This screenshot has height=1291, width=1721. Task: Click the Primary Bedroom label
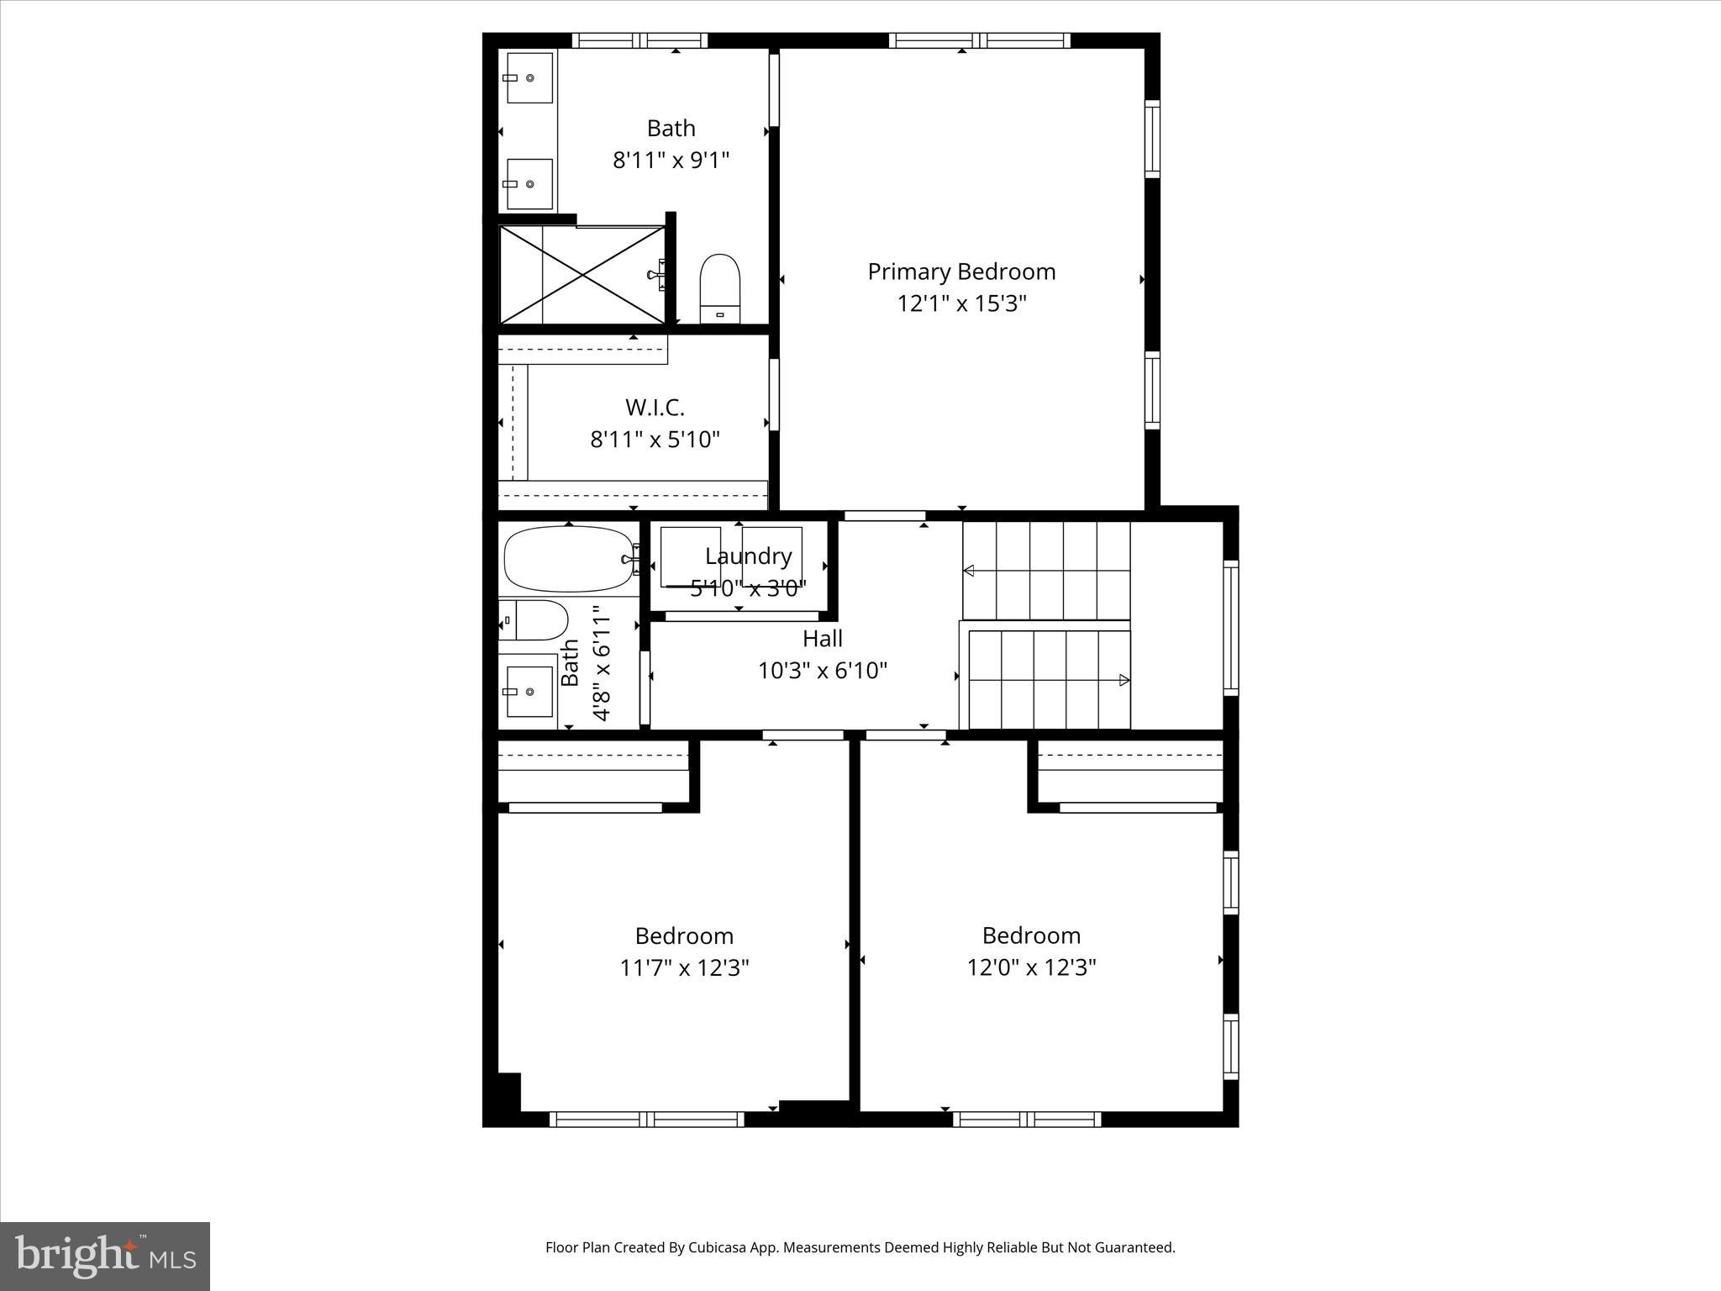coord(961,271)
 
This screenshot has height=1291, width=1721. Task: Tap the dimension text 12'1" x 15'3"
coord(961,303)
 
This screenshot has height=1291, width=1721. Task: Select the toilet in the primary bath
coord(720,288)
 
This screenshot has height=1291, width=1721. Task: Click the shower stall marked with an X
coord(582,274)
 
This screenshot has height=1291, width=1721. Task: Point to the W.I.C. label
coord(655,408)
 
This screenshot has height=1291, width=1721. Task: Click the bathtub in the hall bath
coord(569,559)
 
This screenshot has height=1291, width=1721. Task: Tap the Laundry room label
coord(748,556)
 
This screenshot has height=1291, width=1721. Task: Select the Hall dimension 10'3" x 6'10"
coord(823,671)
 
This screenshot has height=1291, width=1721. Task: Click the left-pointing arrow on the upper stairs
coord(969,571)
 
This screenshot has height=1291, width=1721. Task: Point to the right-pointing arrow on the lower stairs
coord(1124,681)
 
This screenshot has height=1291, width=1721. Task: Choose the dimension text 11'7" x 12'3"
coord(684,968)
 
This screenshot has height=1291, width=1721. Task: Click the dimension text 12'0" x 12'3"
coord(1031,967)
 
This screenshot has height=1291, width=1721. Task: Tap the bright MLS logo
coord(105,1256)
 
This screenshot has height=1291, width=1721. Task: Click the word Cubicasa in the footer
coord(719,1247)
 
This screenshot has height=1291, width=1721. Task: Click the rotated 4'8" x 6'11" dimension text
coord(601,664)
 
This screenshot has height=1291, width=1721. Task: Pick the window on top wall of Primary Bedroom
coord(979,40)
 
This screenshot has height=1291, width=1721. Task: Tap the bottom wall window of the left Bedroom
coord(646,1119)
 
